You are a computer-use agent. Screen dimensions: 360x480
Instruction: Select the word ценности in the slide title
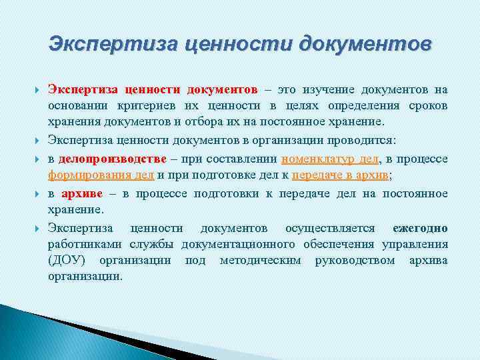238,45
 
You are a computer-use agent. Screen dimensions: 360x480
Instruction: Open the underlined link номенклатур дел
331,159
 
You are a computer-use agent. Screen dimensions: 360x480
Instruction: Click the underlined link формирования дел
101,175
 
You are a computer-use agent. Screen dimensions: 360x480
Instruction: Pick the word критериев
154,106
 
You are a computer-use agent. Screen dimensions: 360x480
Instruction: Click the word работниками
79,244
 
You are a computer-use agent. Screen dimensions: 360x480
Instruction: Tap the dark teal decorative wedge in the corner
27,333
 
